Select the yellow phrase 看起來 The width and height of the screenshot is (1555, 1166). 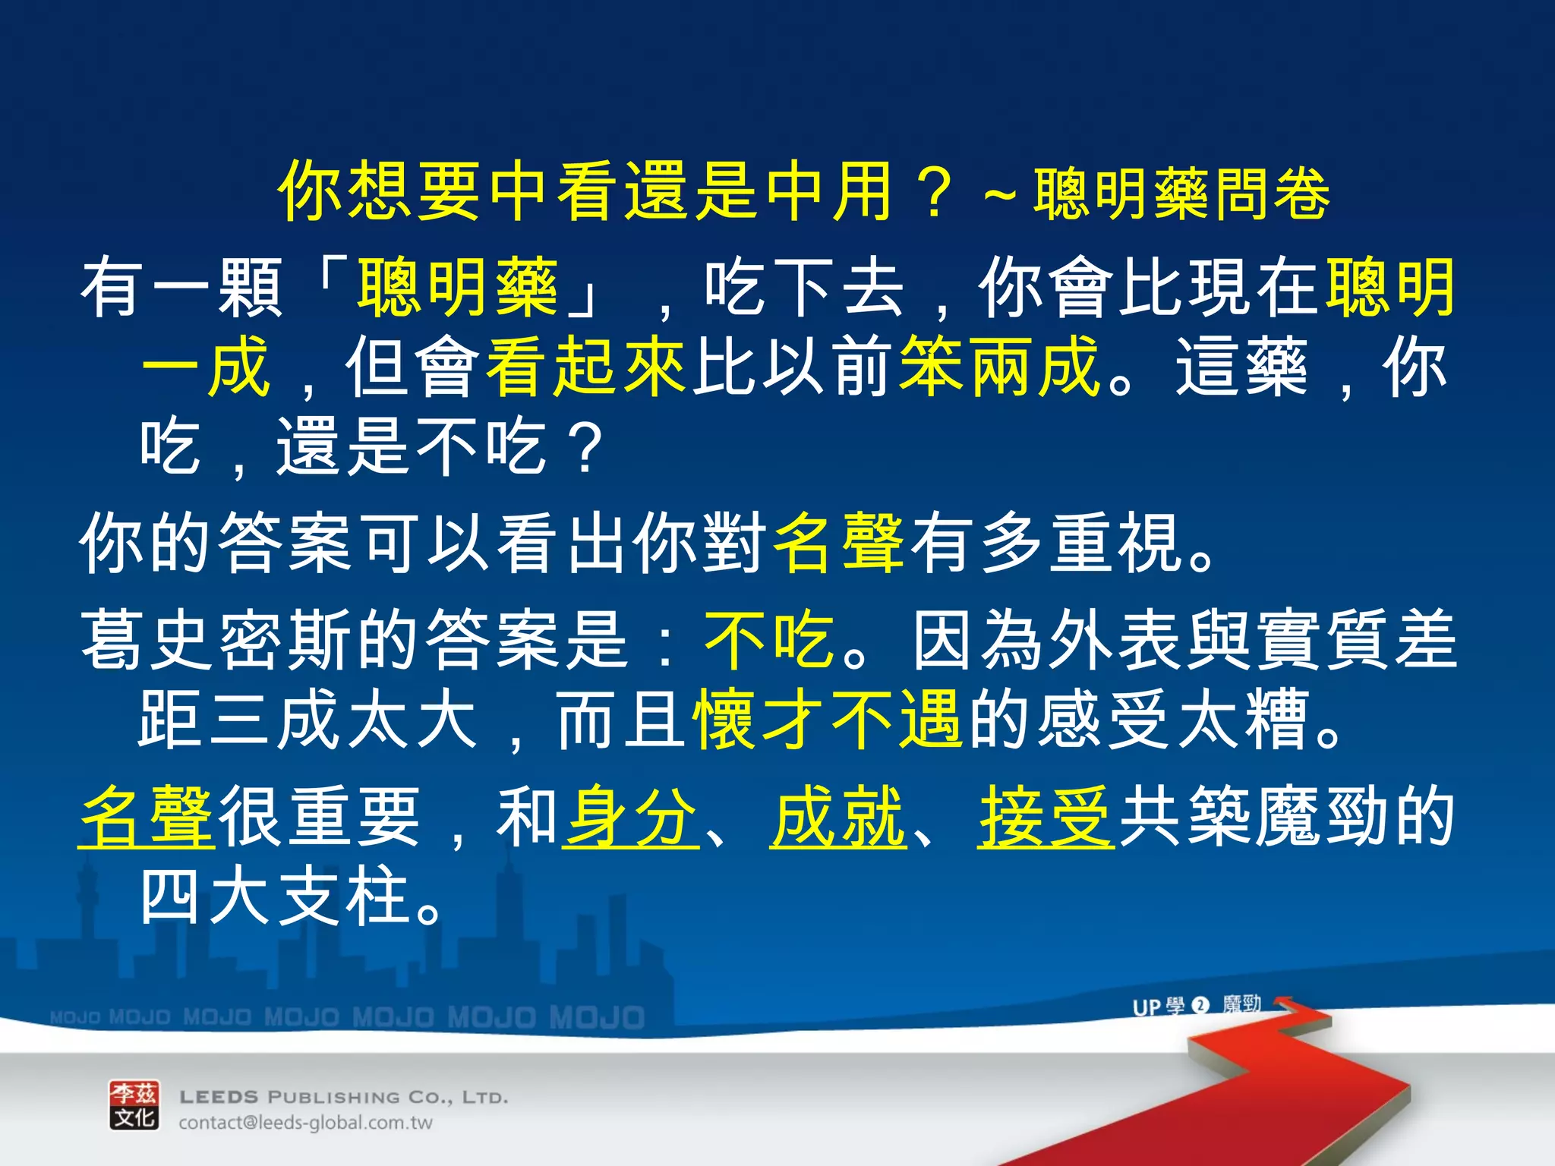point(586,367)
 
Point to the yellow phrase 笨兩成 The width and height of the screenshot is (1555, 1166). point(999,367)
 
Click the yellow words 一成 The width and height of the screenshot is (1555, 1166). point(205,367)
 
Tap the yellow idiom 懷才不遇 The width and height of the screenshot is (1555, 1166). point(828,719)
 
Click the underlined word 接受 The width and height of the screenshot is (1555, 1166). point(1046,817)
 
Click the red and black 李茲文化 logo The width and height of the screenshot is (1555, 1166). point(134,1105)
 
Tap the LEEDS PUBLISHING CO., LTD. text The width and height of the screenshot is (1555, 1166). point(343,1097)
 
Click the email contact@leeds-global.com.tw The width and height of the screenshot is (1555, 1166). point(305,1123)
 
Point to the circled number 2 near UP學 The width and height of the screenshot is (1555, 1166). point(1200,1006)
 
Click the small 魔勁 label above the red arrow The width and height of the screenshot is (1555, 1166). point(1242,1005)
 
